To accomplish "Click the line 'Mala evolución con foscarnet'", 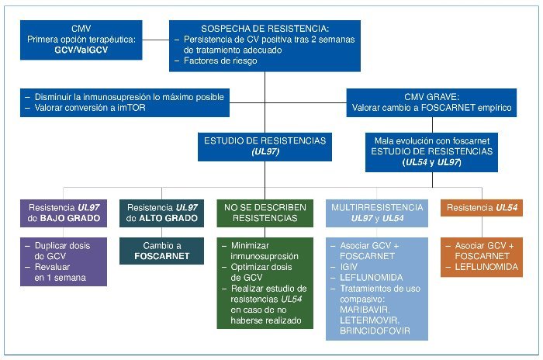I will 437,140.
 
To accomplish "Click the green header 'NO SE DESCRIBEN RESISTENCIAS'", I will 265,213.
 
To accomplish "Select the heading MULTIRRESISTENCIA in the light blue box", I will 376,208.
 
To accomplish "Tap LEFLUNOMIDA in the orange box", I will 486,267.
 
